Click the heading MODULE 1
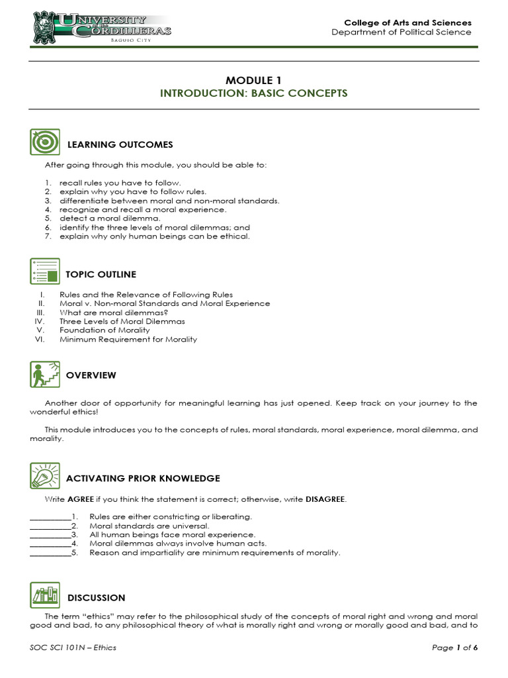(253, 80)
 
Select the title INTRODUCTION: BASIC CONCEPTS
(253, 93)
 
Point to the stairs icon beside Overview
(45, 375)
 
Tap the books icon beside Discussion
(45, 596)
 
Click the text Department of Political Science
(402, 32)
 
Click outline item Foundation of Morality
(105, 330)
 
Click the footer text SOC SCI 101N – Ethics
(73, 648)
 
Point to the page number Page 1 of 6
(454, 648)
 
